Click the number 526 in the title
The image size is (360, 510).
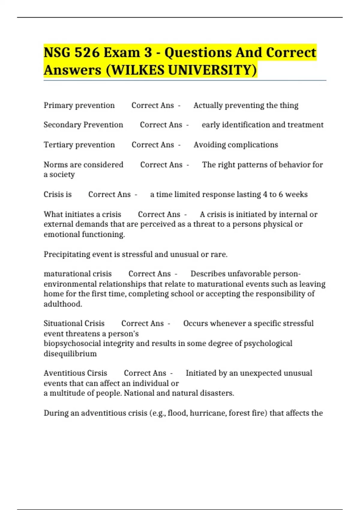point(87,52)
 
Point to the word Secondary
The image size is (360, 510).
point(62,125)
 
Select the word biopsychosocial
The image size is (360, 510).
point(72,343)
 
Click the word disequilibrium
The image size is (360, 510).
point(70,354)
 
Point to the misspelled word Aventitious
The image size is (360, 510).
point(60,373)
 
